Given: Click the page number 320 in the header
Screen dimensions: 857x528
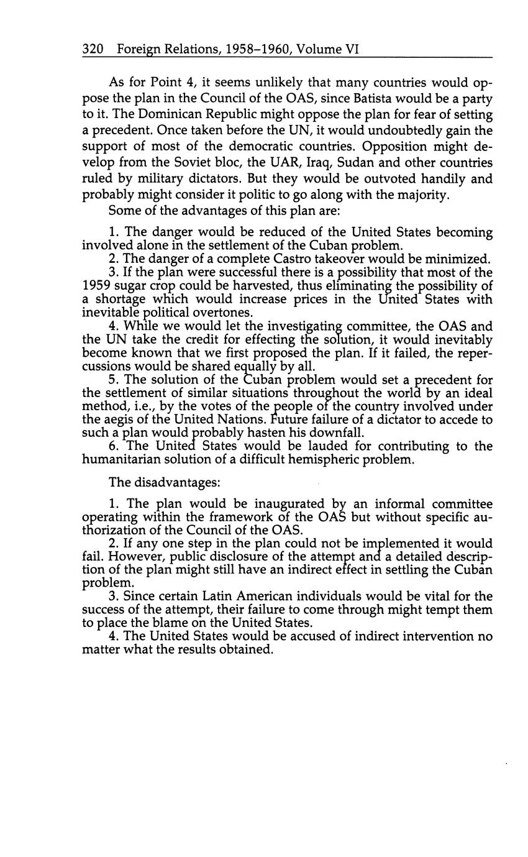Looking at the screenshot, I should tap(92, 49).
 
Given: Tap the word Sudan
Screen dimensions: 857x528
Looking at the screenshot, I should tap(344, 163).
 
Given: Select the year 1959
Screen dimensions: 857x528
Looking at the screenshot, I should tap(96, 286).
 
